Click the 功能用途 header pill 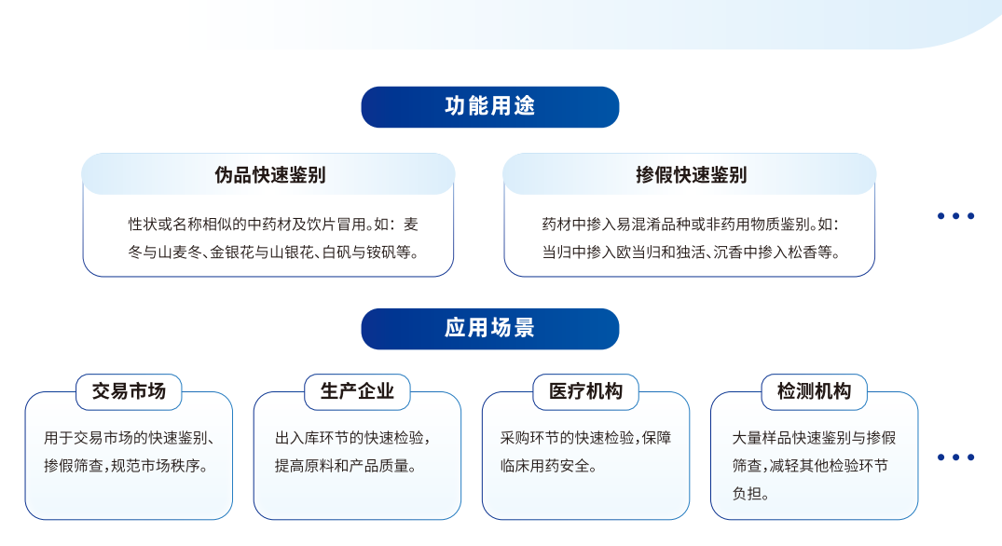[490, 106]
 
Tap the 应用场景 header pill [490, 328]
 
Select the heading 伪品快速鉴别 [269, 175]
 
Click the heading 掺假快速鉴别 [691, 175]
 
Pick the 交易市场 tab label [129, 391]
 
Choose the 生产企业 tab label [357, 391]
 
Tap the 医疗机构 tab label [585, 391]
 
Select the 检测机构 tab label [814, 391]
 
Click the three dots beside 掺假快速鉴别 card [955, 216]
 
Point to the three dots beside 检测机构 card [955, 457]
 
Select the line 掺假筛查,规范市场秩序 [126, 466]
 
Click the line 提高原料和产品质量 [346, 466]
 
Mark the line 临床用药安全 [548, 466]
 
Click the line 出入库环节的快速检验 [352, 438]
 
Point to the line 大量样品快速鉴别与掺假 [814, 438]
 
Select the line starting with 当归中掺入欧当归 [691, 253]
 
